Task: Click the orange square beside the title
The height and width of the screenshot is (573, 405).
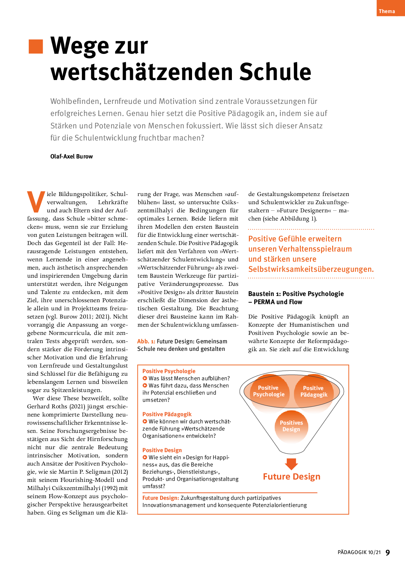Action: click(x=36, y=46)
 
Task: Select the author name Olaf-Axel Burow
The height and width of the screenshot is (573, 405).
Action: click(x=72, y=156)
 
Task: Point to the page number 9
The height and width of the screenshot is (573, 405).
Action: click(x=388, y=552)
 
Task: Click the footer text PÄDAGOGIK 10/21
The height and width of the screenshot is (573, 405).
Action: click(x=359, y=552)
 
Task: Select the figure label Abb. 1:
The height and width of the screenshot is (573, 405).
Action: click(x=146, y=341)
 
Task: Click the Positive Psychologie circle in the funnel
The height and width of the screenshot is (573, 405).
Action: click(x=268, y=391)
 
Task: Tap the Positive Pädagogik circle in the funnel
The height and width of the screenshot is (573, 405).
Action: click(x=314, y=391)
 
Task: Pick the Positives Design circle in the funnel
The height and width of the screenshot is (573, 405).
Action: click(x=291, y=426)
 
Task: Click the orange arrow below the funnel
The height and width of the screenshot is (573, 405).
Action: click(x=291, y=464)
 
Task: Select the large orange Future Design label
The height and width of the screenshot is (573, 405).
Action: click(x=291, y=477)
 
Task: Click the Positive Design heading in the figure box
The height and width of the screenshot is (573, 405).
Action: click(x=162, y=450)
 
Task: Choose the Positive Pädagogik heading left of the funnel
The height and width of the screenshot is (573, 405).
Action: click(x=167, y=414)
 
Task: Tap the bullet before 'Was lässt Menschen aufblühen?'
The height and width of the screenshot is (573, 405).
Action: click(x=145, y=378)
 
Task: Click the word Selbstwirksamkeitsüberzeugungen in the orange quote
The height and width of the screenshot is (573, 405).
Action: click(x=311, y=269)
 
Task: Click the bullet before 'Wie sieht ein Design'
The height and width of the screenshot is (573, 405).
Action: click(x=145, y=457)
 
